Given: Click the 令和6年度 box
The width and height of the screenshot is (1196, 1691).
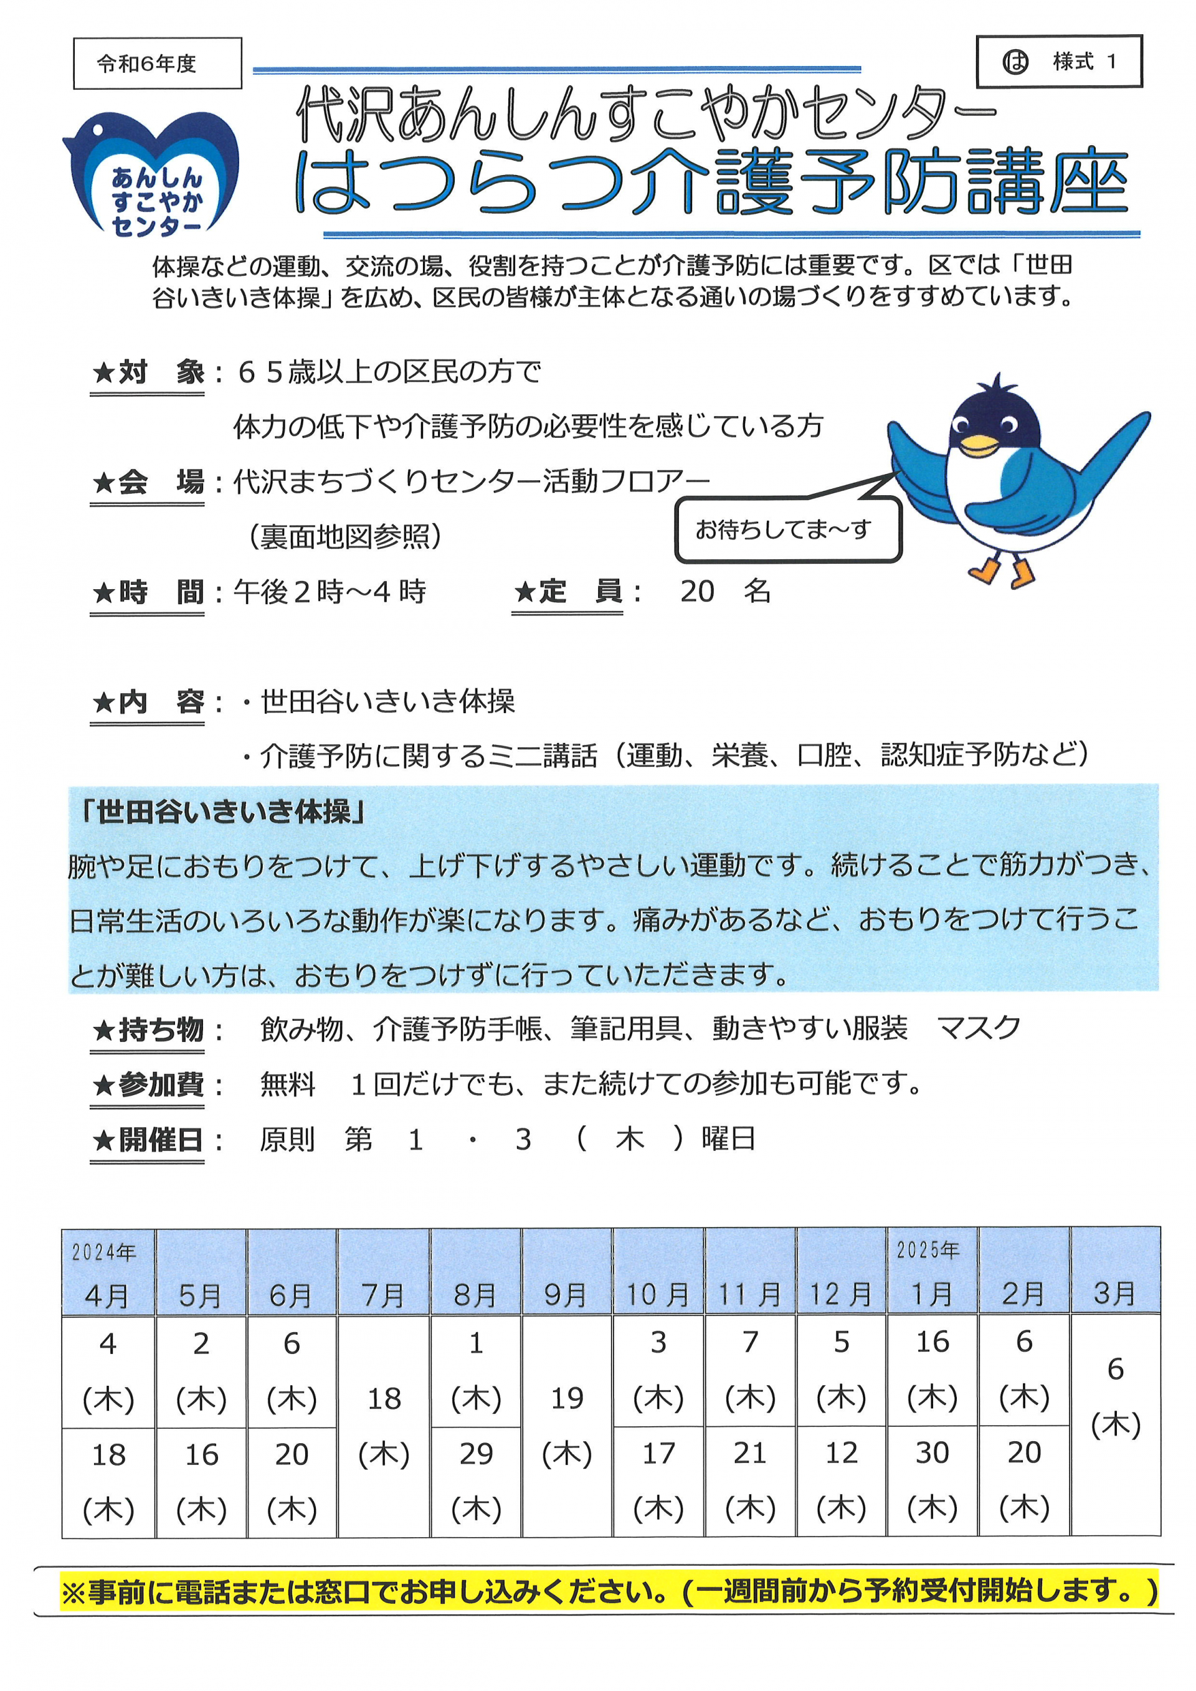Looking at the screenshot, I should (x=157, y=64).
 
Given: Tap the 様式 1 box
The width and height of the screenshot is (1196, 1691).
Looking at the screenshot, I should (x=1058, y=62).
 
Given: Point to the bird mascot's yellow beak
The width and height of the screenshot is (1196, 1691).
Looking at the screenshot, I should (x=979, y=444).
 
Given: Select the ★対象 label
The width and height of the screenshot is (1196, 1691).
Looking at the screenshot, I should (x=147, y=372).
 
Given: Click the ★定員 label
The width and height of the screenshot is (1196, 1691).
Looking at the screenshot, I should (x=567, y=592).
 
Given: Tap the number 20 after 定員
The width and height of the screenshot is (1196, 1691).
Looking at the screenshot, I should (x=696, y=592).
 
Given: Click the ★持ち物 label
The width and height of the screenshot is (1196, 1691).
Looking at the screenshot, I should (x=147, y=1029).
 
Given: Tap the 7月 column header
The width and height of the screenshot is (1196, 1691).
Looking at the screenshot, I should (x=383, y=1295).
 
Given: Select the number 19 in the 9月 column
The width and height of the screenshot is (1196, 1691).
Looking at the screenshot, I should (x=566, y=1398).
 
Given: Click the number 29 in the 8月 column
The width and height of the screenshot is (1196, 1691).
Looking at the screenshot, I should (x=476, y=1454).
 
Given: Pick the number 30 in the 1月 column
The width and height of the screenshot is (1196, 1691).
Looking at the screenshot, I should (x=933, y=1452).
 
